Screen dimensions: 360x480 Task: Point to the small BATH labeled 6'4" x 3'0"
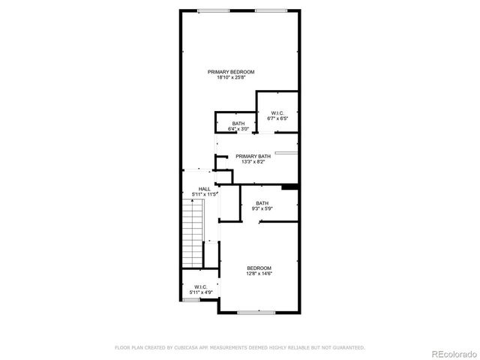[x=238, y=126]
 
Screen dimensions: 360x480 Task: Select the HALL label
[x=204, y=189]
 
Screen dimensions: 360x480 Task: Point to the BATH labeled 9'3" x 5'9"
[x=262, y=205]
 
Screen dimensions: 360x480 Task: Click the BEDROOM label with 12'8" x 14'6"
[x=259, y=268]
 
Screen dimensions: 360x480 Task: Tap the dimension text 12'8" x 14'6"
[x=259, y=273]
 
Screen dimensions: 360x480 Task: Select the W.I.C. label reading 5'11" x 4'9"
[x=200, y=289]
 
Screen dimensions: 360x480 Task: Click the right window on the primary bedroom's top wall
[x=269, y=10]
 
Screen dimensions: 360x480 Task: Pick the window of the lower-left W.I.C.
[x=191, y=300]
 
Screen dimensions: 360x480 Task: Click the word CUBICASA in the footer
[x=187, y=347]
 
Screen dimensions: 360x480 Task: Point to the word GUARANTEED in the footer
[x=346, y=347]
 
